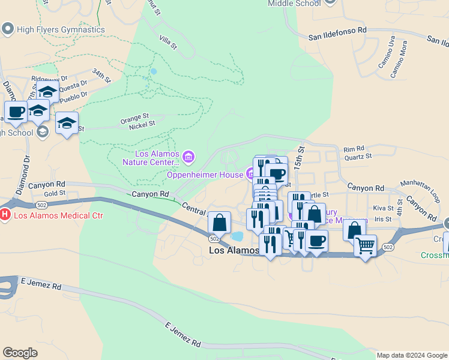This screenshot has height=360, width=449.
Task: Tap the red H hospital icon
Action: coord(5,214)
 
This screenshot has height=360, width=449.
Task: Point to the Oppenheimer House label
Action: coord(204,175)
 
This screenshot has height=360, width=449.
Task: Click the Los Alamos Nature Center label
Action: coord(150,158)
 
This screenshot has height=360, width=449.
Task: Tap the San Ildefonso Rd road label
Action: coord(337,33)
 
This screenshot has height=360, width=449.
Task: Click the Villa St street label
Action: coord(168,41)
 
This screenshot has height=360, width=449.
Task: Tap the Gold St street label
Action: coord(54,193)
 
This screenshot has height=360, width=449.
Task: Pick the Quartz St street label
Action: coord(358,156)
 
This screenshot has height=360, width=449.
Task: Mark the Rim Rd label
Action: coord(354,148)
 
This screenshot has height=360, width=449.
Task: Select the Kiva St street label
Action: coord(382,208)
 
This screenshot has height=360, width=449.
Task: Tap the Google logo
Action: coord(20,353)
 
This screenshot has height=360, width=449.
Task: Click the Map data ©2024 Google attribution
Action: coord(412,355)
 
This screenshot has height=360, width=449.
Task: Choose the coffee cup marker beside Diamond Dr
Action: coord(16,112)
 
